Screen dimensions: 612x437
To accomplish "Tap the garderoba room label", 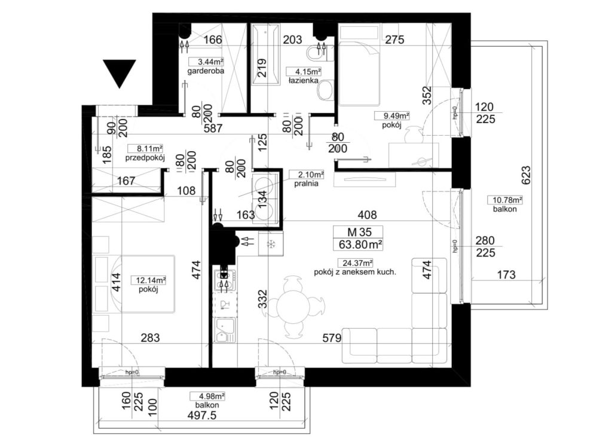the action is point(206,71).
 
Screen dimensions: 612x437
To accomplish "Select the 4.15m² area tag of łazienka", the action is point(304,72).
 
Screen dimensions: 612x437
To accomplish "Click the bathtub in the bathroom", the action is point(265,54).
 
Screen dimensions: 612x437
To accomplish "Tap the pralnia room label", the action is point(307,184).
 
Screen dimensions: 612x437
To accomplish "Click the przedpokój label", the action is point(145,158).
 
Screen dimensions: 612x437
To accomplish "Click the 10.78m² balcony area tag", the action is point(505,200).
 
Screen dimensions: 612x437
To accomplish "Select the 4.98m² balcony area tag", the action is point(207,397).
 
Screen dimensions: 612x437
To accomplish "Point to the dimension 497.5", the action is point(202,415).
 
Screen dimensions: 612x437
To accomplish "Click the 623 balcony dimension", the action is point(526,175).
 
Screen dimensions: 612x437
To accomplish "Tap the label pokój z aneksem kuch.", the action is point(355,273).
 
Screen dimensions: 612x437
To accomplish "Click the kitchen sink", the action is point(225,331).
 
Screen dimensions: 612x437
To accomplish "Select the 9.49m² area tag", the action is point(391,115).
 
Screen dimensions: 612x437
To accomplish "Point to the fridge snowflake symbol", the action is point(270,245).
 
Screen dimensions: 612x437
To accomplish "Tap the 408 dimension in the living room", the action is point(368,215).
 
